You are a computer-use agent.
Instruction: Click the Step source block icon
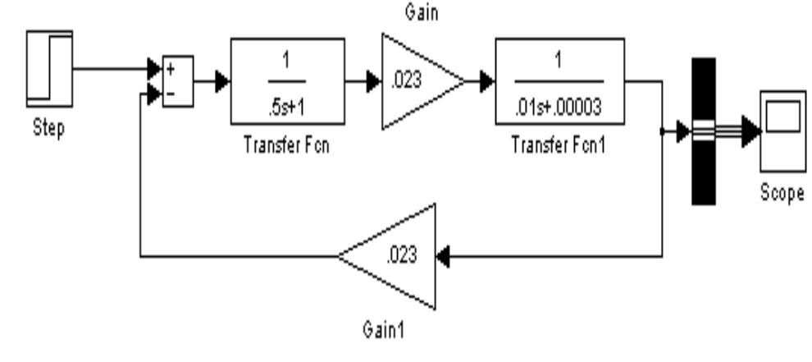(x=49, y=69)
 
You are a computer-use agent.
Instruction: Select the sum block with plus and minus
(x=177, y=82)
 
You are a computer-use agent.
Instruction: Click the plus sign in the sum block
(x=171, y=71)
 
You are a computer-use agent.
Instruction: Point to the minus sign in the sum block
(x=171, y=94)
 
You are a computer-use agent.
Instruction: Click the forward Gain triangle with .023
(x=414, y=81)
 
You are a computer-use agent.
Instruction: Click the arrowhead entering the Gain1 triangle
(x=444, y=256)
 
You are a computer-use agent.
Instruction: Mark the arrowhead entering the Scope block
(x=750, y=131)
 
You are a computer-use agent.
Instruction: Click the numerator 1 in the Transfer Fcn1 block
(x=559, y=62)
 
